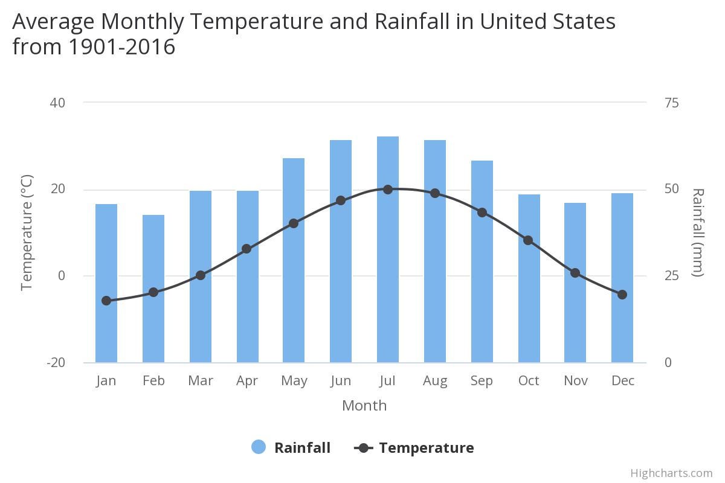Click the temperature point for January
click(x=106, y=301)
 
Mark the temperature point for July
click(x=388, y=190)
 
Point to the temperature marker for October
click(x=528, y=240)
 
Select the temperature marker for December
click(x=622, y=295)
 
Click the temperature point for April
click(x=246, y=249)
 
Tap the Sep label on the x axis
click(x=482, y=381)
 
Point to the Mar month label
click(x=200, y=381)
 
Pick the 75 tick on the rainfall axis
click(x=671, y=103)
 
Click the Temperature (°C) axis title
click(x=27, y=232)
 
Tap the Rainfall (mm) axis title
click(x=698, y=232)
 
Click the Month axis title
click(x=364, y=406)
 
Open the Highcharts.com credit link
click(x=671, y=473)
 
